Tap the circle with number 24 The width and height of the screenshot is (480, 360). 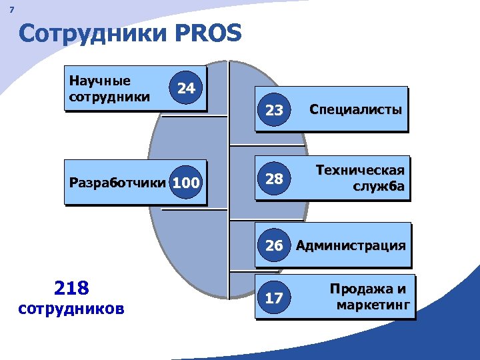click(186, 88)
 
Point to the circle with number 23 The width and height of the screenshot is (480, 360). click(274, 110)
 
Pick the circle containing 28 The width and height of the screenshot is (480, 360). click(274, 179)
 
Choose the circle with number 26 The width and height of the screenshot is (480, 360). click(274, 245)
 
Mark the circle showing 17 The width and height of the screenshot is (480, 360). click(274, 298)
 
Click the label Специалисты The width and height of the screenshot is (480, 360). click(355, 109)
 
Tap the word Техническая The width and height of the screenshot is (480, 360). click(360, 170)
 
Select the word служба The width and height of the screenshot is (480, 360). click(379, 187)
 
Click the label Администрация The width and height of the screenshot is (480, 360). click(351, 245)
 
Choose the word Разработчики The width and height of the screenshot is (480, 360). click(116, 181)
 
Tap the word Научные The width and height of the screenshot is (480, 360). click(100, 81)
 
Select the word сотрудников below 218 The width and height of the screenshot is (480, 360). click(71, 309)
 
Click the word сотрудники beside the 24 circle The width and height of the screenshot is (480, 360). click(109, 97)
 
